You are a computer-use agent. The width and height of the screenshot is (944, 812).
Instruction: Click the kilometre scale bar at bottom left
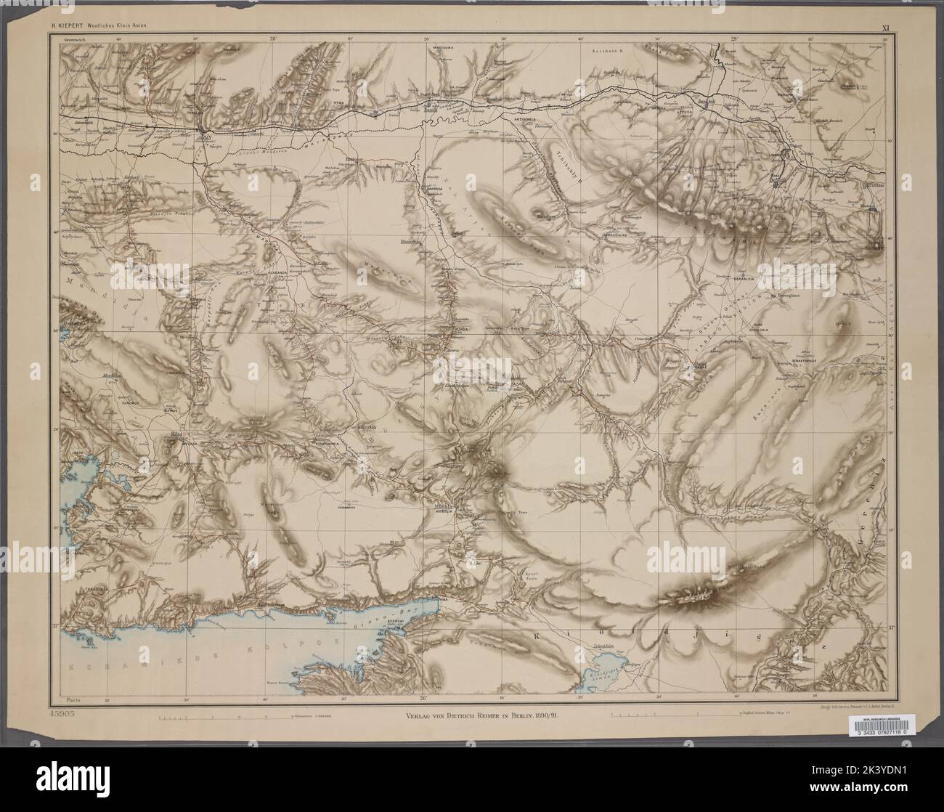[218, 718]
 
